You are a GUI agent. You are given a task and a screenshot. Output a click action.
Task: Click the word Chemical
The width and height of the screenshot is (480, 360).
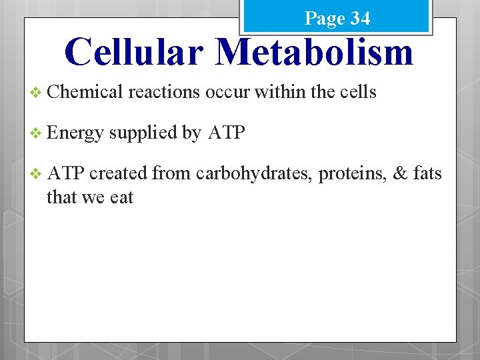pyautogui.click(x=85, y=92)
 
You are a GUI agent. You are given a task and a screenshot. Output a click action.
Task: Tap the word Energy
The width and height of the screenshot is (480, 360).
pyautogui.click(x=75, y=133)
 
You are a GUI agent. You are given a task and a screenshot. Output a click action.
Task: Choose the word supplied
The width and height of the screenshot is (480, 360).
pyautogui.click(x=143, y=133)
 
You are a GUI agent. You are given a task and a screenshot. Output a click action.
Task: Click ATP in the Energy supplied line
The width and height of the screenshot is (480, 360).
pyautogui.click(x=227, y=133)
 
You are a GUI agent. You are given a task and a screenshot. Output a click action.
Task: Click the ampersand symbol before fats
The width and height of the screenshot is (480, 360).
pyautogui.click(x=400, y=174)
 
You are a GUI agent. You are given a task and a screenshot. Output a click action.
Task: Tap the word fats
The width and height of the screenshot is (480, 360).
pyautogui.click(x=427, y=174)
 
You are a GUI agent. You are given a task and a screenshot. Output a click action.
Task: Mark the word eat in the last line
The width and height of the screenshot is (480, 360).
pyautogui.click(x=122, y=197)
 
